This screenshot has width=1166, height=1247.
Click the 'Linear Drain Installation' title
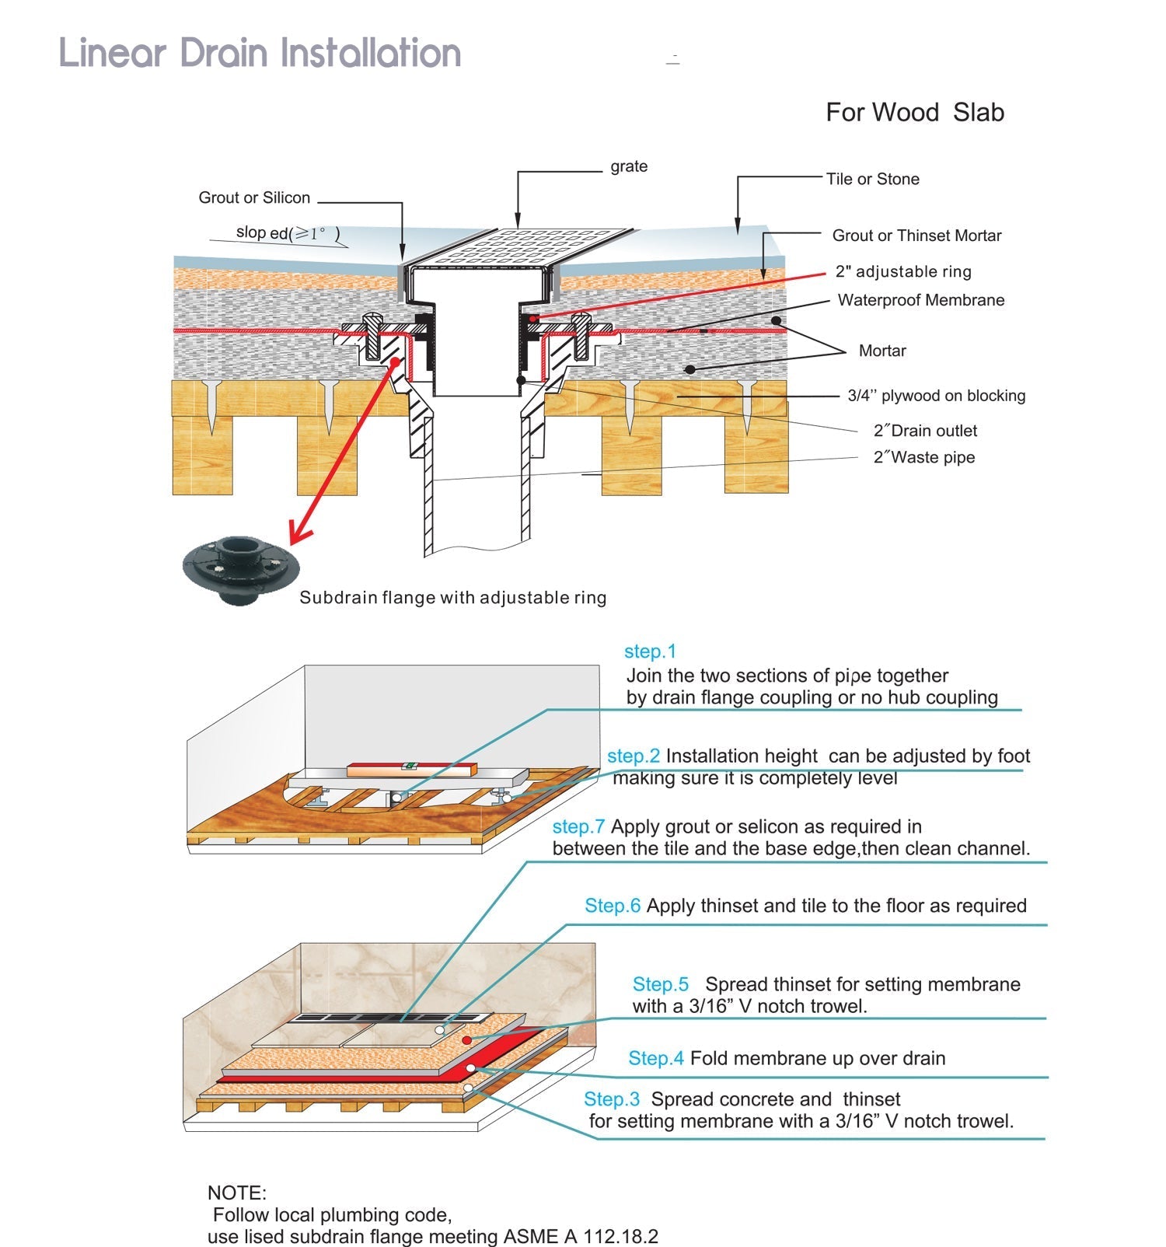tap(260, 53)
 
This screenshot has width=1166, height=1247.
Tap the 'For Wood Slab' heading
tap(914, 113)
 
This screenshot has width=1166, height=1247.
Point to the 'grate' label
tap(628, 166)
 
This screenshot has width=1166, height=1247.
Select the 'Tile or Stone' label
tap(872, 179)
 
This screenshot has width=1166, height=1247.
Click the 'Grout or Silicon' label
tap(254, 197)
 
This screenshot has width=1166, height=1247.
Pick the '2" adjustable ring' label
tap(902, 271)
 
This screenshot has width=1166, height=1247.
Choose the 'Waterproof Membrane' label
tap(920, 300)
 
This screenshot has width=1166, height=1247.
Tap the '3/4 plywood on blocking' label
tap(936, 396)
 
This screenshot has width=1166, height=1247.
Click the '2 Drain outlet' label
tap(925, 431)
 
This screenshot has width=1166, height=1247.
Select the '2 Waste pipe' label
tap(923, 457)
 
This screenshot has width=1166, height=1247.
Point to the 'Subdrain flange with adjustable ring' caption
tap(452, 598)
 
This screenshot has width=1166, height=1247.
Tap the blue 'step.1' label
tap(650, 651)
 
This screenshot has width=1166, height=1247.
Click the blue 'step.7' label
tap(578, 826)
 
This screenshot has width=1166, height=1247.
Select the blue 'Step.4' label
tap(656, 1058)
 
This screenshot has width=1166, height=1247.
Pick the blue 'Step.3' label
tap(612, 1099)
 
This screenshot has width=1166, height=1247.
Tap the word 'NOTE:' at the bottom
tap(236, 1193)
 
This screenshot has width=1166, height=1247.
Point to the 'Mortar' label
tap(882, 351)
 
